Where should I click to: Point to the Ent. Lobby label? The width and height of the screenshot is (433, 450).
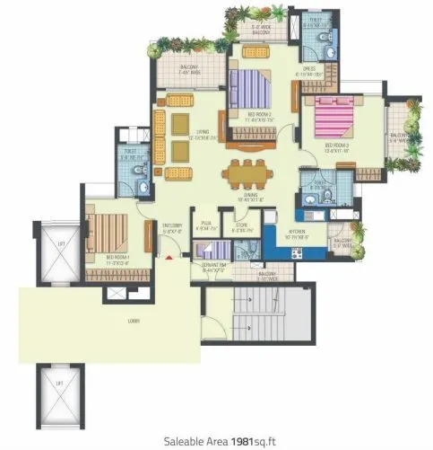pos(170,228)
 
